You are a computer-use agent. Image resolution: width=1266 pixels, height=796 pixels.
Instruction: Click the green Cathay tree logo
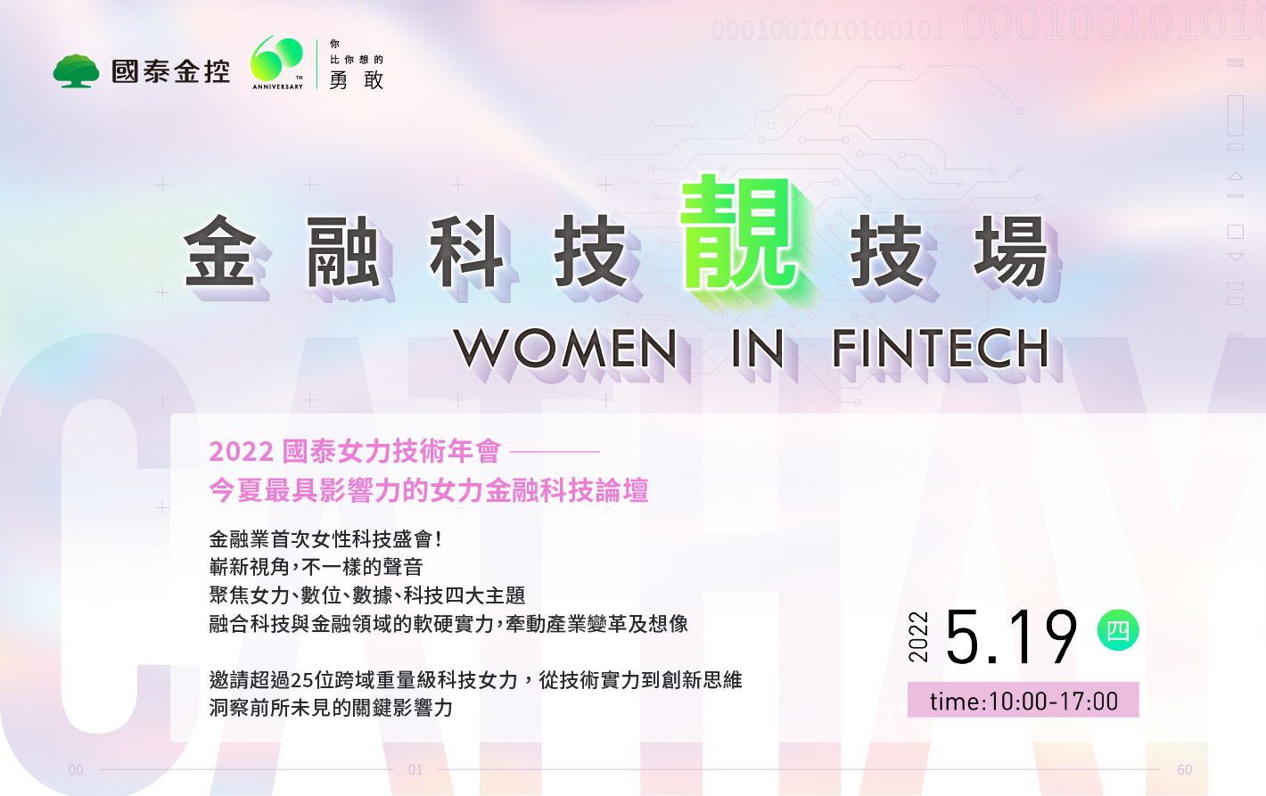click(76, 70)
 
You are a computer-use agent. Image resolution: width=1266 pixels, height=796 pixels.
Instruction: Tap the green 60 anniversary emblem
click(277, 59)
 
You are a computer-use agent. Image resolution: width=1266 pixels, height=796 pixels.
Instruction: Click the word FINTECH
click(941, 349)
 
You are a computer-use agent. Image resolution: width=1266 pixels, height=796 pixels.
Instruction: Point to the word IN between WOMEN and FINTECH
click(757, 349)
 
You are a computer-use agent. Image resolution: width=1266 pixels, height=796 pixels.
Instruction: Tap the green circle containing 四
click(1117, 630)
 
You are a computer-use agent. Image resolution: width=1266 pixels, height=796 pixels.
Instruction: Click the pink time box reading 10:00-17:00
click(1023, 700)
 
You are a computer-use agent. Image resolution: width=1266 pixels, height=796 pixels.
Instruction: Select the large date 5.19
click(1010, 636)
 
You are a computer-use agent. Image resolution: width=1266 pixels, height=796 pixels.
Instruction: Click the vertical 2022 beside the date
click(918, 636)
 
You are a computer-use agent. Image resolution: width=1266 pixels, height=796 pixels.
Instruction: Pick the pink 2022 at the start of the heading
click(242, 452)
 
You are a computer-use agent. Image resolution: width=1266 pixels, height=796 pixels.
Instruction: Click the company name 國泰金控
click(170, 71)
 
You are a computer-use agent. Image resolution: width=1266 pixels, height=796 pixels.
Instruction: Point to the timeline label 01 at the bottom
click(415, 769)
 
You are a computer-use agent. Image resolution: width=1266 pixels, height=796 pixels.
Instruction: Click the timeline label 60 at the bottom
click(1185, 769)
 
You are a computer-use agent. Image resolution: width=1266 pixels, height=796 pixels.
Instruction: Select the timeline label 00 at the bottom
click(76, 769)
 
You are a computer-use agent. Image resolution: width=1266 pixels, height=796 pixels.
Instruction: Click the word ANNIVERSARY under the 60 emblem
click(277, 86)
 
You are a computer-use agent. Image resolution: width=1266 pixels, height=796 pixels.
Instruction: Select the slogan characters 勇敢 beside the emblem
click(356, 80)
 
